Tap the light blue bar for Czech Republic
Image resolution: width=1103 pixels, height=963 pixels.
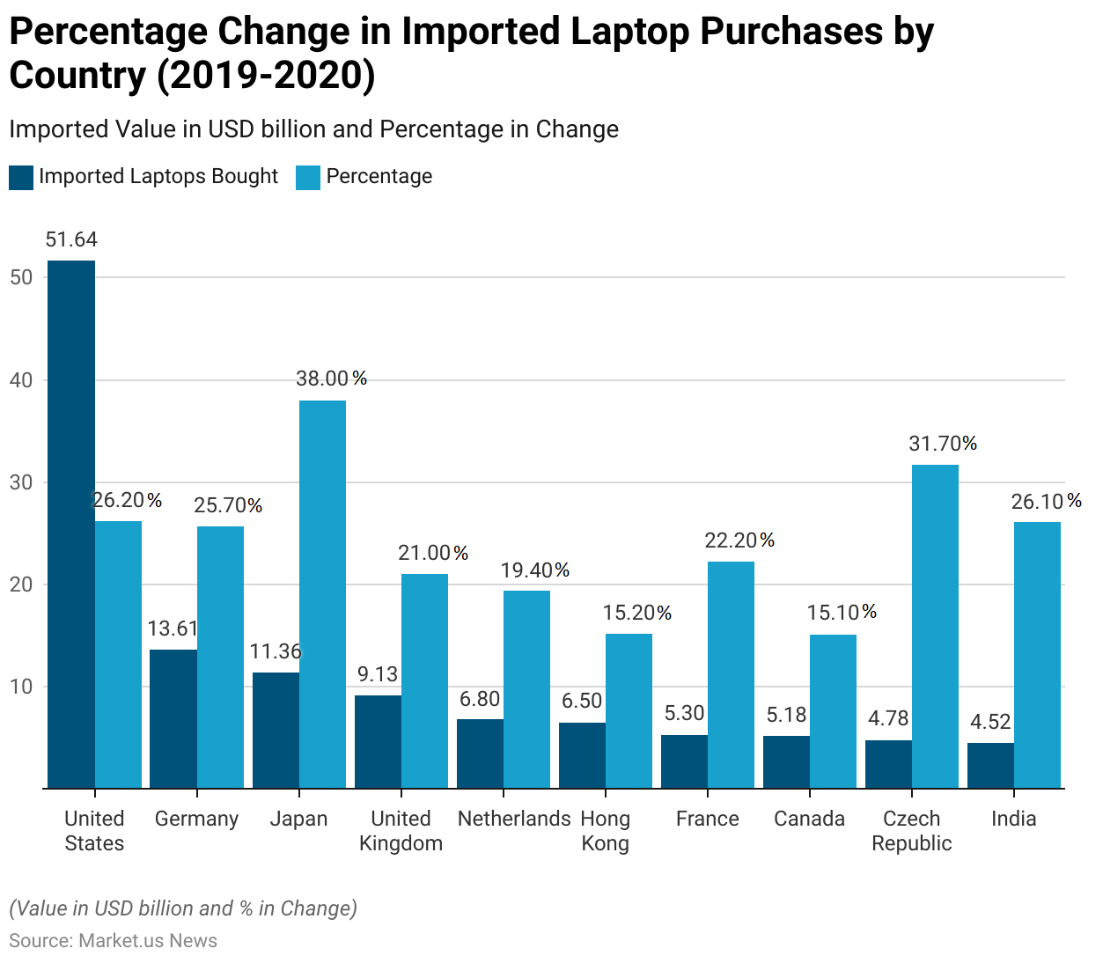point(935,626)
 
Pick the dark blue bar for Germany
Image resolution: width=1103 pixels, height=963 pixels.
point(173,718)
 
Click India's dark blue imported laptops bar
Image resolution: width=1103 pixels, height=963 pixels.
point(990,765)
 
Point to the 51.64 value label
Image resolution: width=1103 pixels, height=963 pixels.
point(71,239)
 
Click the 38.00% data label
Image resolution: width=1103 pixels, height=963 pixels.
point(331,379)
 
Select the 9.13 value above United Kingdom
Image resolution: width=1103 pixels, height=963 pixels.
point(378,674)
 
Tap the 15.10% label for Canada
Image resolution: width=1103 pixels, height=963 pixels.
point(842,612)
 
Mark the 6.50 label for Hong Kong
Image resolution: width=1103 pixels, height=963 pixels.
point(582,701)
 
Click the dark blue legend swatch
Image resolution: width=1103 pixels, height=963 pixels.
point(21,177)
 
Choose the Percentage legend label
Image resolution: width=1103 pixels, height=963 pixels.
point(379,176)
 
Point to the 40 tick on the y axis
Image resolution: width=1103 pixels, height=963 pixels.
point(21,380)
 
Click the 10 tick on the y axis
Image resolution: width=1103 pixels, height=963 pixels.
point(21,687)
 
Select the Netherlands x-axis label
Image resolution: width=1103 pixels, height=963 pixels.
point(514,819)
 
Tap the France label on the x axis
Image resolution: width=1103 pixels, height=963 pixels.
point(707,819)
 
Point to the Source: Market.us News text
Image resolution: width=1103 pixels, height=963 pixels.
point(113,940)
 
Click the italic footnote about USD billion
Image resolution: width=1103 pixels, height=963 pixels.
point(183,908)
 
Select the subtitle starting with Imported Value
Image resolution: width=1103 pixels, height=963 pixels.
point(313,129)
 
